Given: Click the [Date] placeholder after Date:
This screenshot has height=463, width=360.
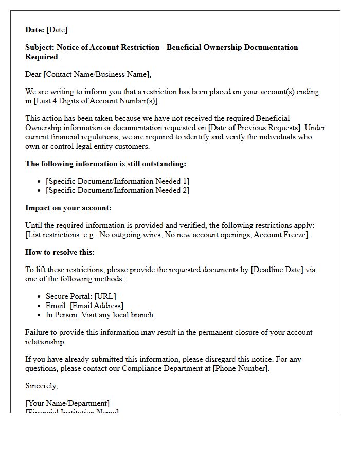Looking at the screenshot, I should click(x=57, y=30).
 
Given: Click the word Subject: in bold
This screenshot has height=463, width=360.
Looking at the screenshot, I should click(x=40, y=47).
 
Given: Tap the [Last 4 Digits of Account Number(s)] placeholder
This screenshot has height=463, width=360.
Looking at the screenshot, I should click(x=97, y=101).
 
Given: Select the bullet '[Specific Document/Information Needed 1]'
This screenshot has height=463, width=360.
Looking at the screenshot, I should click(x=117, y=181).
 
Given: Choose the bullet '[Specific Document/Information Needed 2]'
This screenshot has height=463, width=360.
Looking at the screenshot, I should click(x=117, y=190).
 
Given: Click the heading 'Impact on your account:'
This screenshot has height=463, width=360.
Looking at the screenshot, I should click(x=68, y=208).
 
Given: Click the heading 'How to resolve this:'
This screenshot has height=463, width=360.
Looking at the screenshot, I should click(x=60, y=252).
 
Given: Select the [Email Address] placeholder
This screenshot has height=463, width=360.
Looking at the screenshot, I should click(x=97, y=306).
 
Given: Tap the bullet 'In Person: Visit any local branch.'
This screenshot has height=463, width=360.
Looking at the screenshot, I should click(x=100, y=315).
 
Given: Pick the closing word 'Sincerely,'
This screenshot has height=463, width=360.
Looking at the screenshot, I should click(x=42, y=386).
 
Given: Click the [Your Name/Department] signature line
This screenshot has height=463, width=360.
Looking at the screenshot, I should click(x=67, y=403).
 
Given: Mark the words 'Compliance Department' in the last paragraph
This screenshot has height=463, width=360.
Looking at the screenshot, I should click(x=166, y=368).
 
